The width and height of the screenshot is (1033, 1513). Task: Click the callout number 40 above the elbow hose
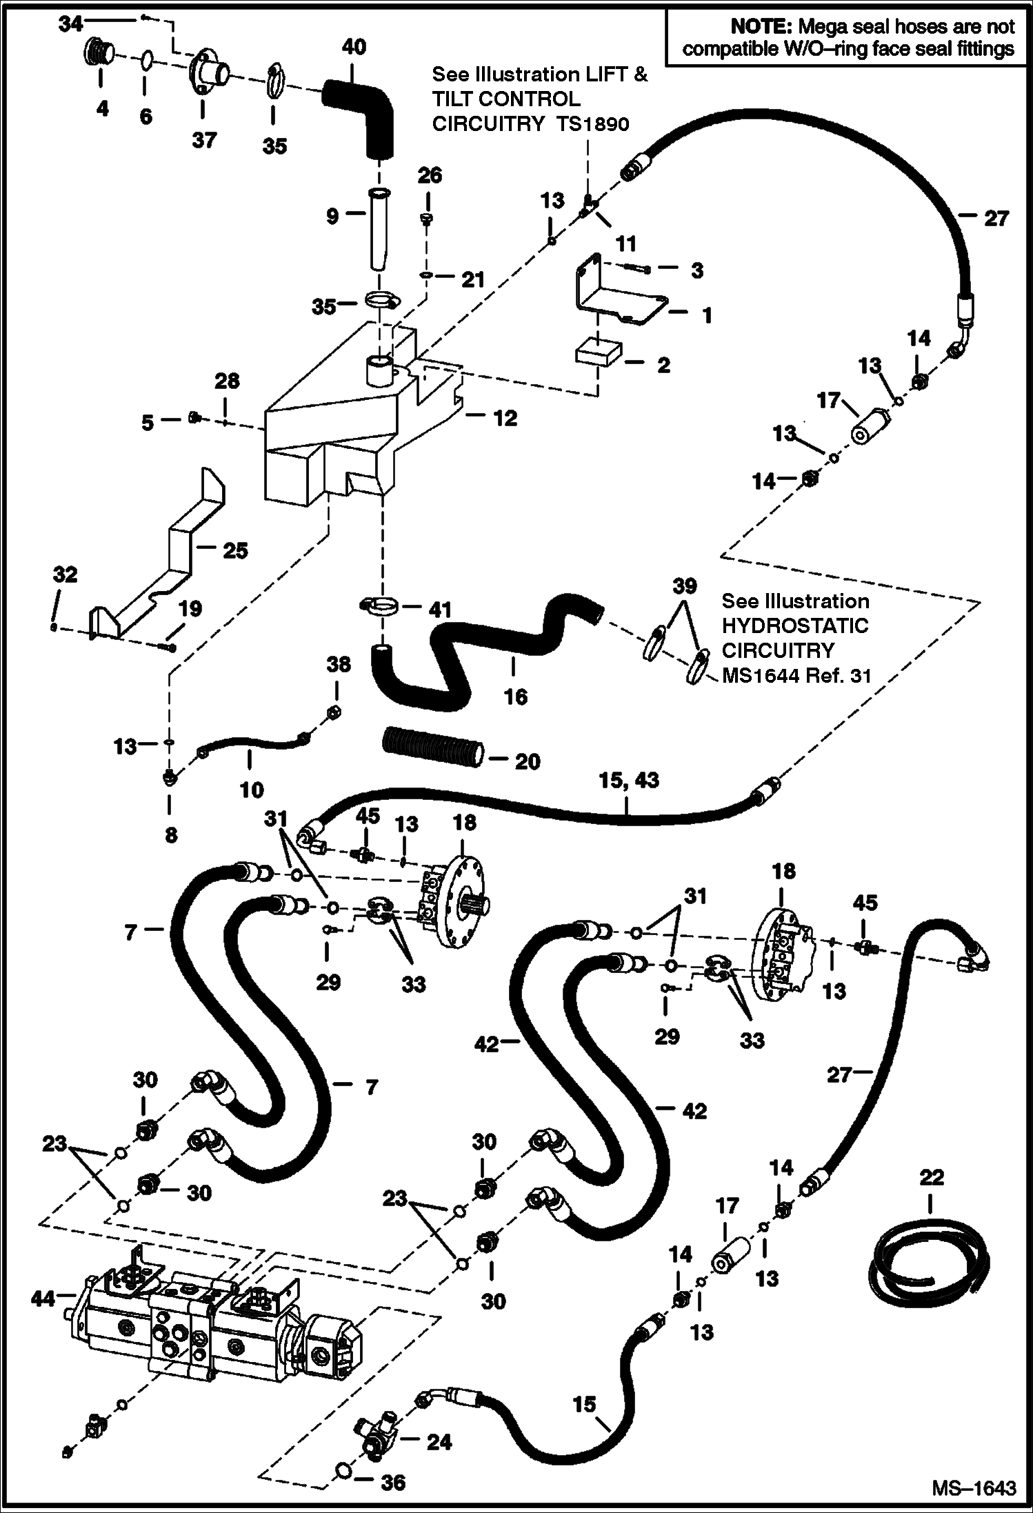(354, 47)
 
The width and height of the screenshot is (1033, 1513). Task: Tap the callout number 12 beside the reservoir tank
(505, 418)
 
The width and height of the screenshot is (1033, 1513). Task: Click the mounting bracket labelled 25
(172, 552)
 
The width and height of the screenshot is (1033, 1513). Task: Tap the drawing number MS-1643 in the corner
(974, 1487)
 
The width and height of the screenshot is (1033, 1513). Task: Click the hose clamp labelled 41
(379, 608)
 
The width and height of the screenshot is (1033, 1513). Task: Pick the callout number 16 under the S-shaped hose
(515, 697)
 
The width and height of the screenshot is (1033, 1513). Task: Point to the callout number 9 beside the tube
(332, 216)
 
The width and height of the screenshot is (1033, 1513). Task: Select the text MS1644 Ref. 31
(796, 675)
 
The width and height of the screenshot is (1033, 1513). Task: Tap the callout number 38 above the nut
(338, 664)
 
